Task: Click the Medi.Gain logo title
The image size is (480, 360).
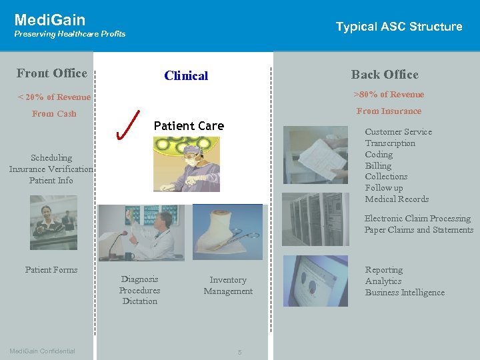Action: click(x=50, y=20)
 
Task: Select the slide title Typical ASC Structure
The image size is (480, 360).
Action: click(x=399, y=27)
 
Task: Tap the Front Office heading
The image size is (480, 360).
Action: click(x=52, y=73)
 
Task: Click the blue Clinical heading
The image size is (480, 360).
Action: click(x=186, y=76)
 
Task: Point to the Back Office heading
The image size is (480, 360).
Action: click(x=385, y=75)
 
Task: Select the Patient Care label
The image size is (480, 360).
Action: click(x=189, y=126)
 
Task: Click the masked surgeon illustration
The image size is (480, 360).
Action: click(x=186, y=164)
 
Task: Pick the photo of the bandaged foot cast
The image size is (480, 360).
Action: click(x=227, y=232)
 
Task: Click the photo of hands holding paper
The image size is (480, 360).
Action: click(x=315, y=154)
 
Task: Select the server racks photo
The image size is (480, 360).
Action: click(x=315, y=219)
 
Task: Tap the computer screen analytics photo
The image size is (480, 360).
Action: click(x=315, y=281)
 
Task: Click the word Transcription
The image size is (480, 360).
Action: click(x=390, y=143)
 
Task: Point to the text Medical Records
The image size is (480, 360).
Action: click(x=397, y=199)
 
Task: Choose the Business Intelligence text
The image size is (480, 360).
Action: click(x=405, y=293)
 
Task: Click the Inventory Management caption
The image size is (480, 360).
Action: click(x=228, y=286)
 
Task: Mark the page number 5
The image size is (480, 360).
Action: click(x=239, y=351)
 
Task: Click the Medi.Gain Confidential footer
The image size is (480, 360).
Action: click(x=42, y=351)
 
